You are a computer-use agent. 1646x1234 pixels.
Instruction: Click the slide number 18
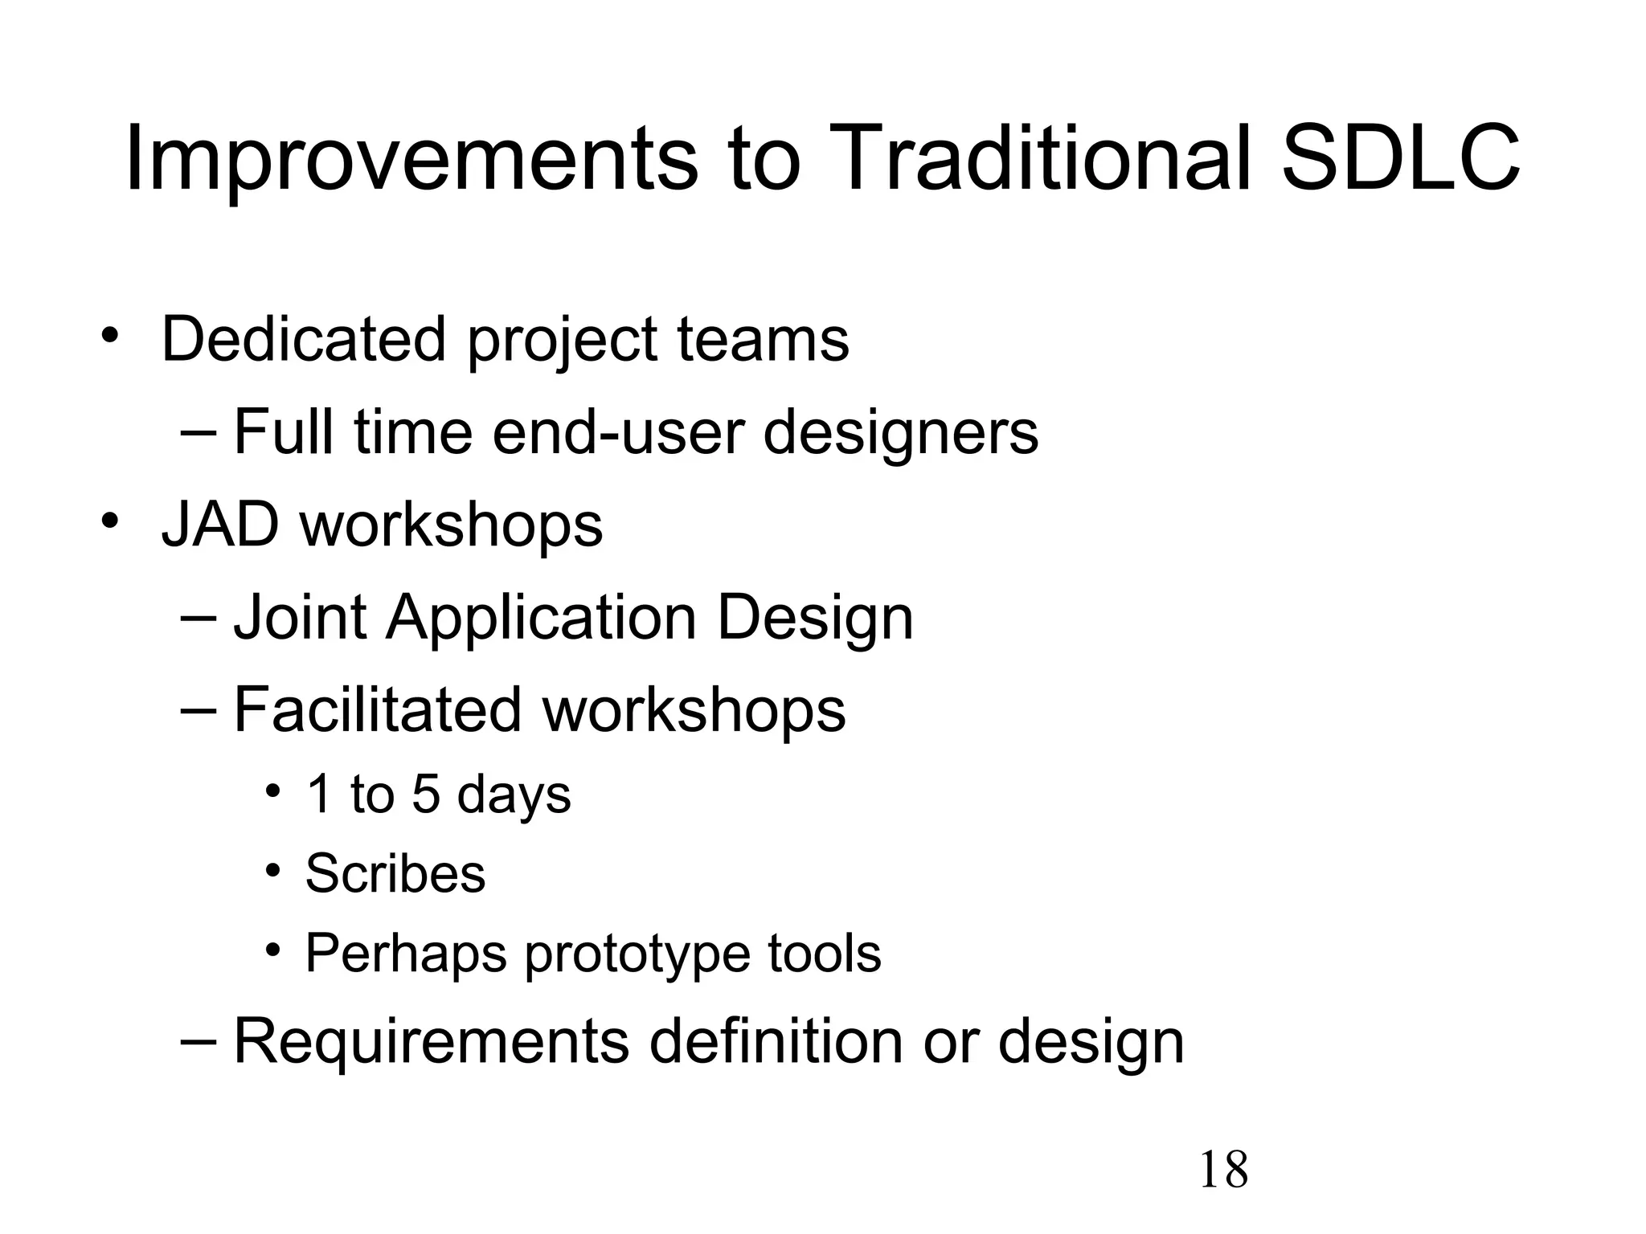tap(1223, 1170)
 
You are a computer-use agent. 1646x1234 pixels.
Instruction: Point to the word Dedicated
tap(303, 339)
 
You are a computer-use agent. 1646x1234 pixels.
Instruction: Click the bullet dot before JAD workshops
tap(109, 520)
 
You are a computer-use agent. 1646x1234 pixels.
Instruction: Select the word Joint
tap(300, 618)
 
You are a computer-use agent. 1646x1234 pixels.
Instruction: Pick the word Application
tap(541, 618)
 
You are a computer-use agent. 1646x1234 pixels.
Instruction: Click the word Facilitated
tap(378, 709)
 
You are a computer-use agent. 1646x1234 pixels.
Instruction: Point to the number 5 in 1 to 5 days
tap(426, 795)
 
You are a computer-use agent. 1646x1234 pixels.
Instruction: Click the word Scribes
tap(395, 872)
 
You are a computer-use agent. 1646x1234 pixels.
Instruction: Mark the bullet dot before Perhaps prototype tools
tap(273, 950)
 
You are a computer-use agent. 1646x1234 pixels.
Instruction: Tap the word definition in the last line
tap(776, 1041)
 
